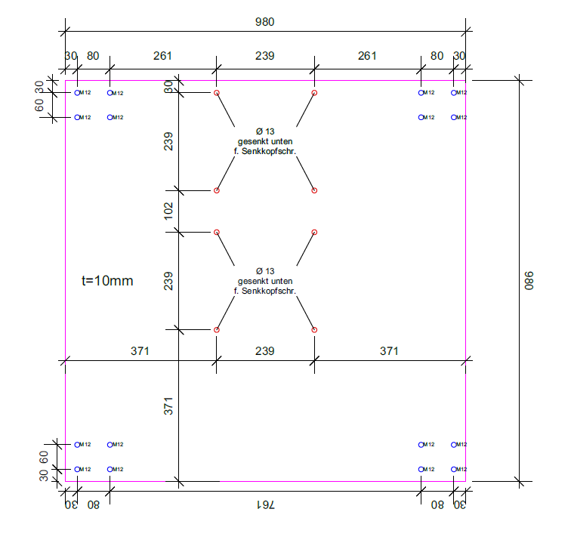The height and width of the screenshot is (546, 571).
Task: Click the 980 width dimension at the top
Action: [265, 22]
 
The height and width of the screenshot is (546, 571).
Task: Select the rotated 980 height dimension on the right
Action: [529, 281]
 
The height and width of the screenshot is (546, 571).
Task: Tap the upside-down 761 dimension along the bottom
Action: [266, 505]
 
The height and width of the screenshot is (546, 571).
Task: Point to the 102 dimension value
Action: [168, 211]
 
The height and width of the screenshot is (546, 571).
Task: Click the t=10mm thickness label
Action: [107, 281]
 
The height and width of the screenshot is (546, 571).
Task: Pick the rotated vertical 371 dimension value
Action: [168, 406]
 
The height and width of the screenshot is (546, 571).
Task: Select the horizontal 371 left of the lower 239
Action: [140, 351]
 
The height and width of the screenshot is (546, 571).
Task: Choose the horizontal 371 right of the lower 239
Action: [389, 351]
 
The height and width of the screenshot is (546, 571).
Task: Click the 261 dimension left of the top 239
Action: [162, 56]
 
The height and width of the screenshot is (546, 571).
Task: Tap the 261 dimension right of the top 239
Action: [367, 56]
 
